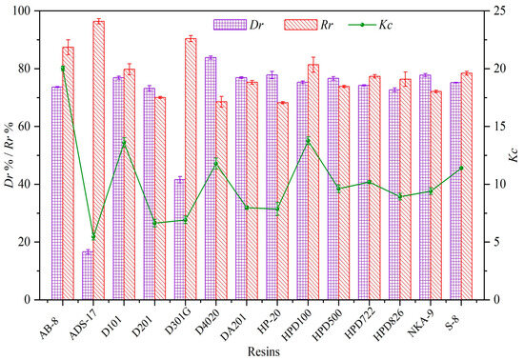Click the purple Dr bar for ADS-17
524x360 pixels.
(x=88, y=275)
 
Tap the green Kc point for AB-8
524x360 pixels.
(x=63, y=69)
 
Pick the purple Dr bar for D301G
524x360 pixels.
(x=179, y=239)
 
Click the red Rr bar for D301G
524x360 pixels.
(x=191, y=169)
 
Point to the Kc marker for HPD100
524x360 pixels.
(x=308, y=141)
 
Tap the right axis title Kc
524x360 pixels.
(x=514, y=154)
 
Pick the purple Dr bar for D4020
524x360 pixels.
(x=210, y=178)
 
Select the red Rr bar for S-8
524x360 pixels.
(x=466, y=186)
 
